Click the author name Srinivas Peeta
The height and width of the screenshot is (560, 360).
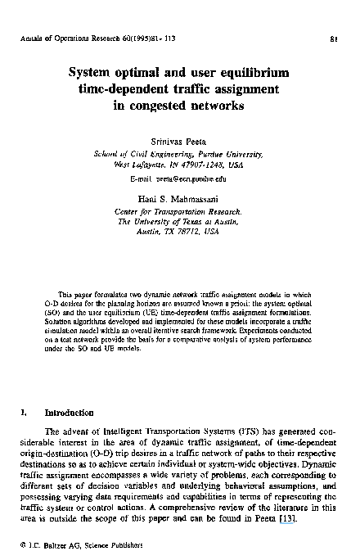pyautogui.click(x=180, y=141)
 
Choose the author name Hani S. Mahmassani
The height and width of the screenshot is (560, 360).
pyautogui.click(x=179, y=200)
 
